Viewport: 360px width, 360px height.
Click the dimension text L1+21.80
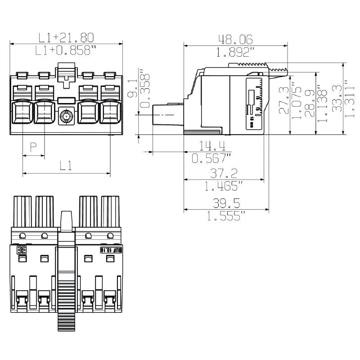66,37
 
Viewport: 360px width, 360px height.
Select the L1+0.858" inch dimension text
66,50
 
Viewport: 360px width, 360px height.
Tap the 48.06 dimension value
235,40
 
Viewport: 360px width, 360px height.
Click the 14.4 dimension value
212,146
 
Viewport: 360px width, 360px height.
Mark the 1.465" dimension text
224,185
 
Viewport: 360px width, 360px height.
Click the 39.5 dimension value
226,203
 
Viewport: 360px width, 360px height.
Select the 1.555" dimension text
226,216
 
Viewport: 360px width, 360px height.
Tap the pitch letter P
33,147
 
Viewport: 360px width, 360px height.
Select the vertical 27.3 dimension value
284,100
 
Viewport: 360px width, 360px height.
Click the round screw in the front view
67,117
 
